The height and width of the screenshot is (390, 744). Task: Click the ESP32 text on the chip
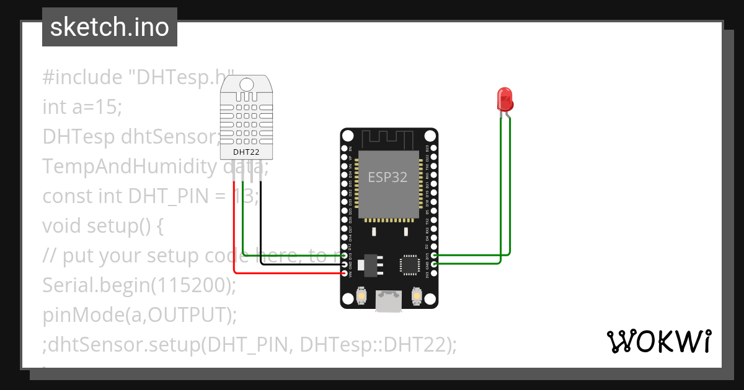tap(388, 178)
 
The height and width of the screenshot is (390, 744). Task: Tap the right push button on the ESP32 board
tap(417, 299)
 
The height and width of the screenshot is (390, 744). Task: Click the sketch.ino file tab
tap(110, 27)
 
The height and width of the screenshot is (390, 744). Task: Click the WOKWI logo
tap(658, 341)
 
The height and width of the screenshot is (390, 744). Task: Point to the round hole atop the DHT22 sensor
tap(246, 84)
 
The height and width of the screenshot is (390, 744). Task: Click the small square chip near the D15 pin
tap(410, 264)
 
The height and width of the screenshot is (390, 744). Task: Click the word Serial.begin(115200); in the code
tap(139, 285)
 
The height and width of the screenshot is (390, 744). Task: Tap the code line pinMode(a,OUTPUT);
tap(139, 315)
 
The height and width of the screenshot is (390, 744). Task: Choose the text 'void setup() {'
tap(103, 226)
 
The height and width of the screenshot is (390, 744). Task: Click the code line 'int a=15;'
tap(82, 107)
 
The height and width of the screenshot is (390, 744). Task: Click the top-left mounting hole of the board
tap(348, 136)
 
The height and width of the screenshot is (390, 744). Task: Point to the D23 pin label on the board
tap(427, 149)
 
